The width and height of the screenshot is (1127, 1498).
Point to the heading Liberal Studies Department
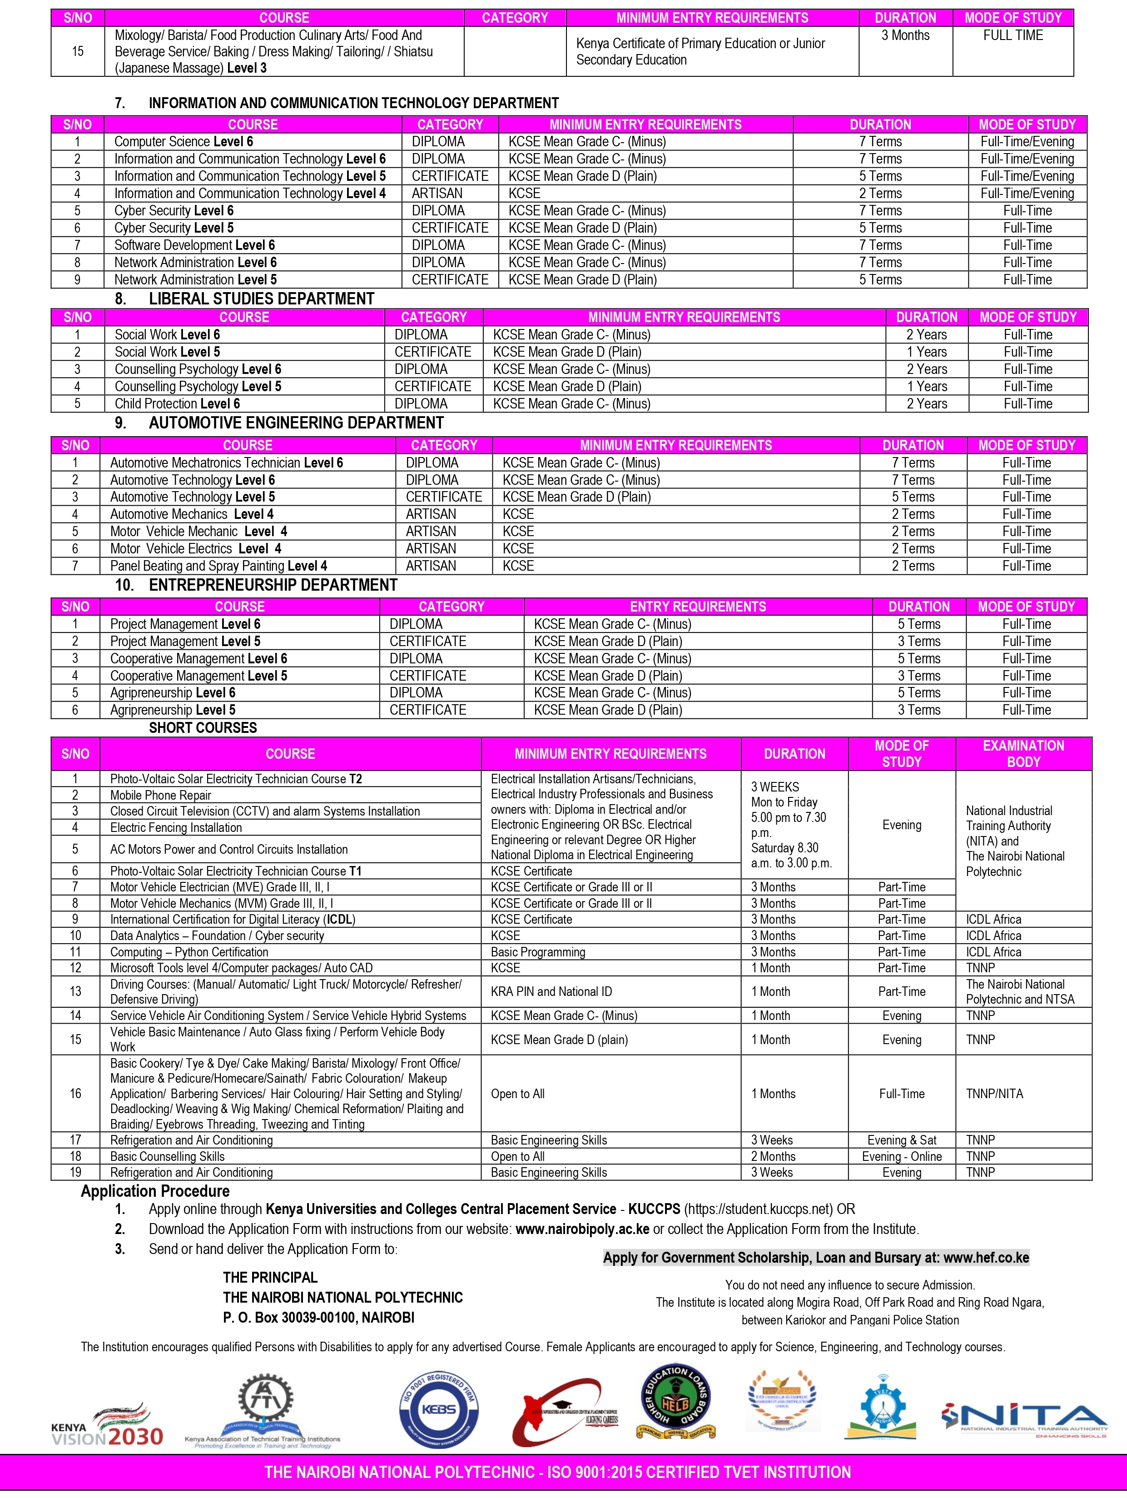261,299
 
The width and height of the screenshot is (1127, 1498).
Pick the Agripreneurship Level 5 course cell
173,710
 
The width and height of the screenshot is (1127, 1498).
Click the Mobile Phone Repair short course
160,795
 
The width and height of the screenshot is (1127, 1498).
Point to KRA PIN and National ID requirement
551,991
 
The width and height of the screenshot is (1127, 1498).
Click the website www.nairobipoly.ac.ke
582,1229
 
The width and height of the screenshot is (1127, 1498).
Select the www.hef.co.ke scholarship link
986,1258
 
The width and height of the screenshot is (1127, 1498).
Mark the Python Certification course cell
189,951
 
